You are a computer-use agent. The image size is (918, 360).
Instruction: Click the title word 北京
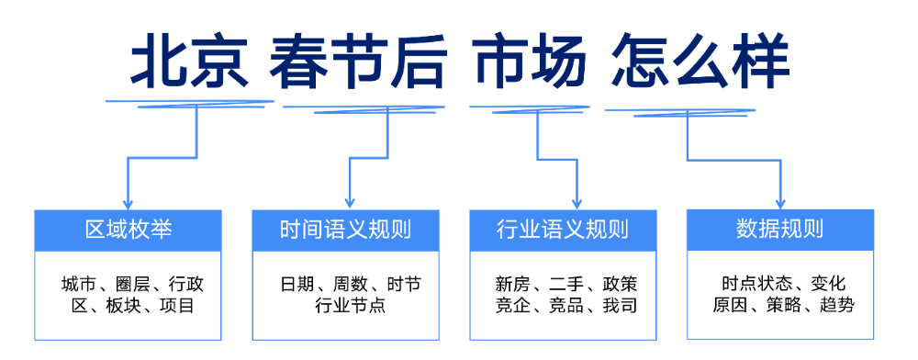(x=189, y=62)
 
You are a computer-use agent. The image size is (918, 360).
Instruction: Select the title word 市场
(x=530, y=62)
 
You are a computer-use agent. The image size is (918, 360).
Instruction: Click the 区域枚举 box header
(x=129, y=230)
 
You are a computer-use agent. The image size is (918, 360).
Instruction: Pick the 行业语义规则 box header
(x=563, y=230)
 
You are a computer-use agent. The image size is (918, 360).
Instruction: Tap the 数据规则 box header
(x=780, y=230)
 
